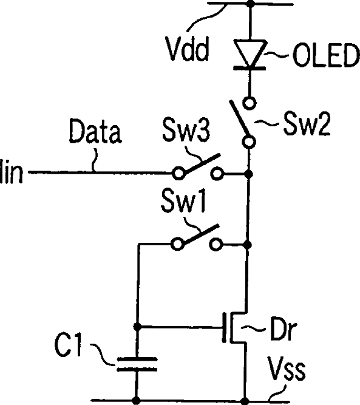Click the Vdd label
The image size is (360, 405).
[x=187, y=49]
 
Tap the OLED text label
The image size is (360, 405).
[x=326, y=55]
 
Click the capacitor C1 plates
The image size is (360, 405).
[x=137, y=364]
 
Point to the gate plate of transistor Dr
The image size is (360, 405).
[x=225, y=327]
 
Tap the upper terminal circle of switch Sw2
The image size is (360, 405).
[x=250, y=103]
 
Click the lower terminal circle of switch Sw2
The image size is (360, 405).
[x=249, y=142]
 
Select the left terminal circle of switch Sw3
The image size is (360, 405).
[x=178, y=173]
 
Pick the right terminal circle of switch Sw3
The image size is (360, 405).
[x=217, y=173]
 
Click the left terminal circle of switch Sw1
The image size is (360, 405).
[x=177, y=244]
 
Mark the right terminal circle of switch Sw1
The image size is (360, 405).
[x=216, y=244]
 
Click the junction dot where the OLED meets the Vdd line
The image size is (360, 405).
[x=250, y=4]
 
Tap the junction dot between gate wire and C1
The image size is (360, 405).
[x=137, y=327]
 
